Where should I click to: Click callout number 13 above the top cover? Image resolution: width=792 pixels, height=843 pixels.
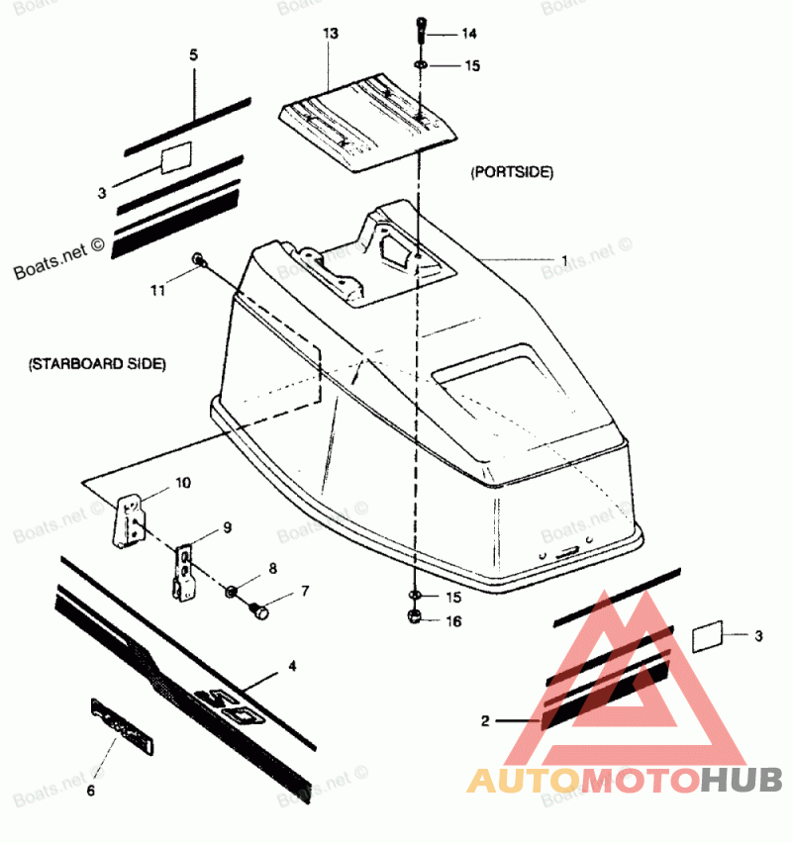point(330,34)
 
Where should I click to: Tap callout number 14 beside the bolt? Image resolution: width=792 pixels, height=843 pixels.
point(468,34)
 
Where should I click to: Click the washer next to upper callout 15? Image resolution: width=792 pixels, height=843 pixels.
point(421,64)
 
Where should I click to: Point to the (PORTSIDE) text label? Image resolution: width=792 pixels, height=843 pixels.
point(512,172)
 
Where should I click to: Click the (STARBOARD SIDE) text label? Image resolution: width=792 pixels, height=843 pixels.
point(97,364)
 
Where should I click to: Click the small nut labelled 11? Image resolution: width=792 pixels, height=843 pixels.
point(199,260)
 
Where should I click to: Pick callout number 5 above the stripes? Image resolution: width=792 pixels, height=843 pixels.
point(193,55)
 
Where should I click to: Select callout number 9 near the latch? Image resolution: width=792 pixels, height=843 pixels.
point(227,527)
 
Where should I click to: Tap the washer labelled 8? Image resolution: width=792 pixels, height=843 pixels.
point(231,592)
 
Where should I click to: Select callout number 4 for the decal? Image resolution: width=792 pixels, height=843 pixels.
point(291,667)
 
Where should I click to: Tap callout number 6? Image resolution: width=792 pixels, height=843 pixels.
point(91,791)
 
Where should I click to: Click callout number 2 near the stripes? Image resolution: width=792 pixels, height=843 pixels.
point(485,721)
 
